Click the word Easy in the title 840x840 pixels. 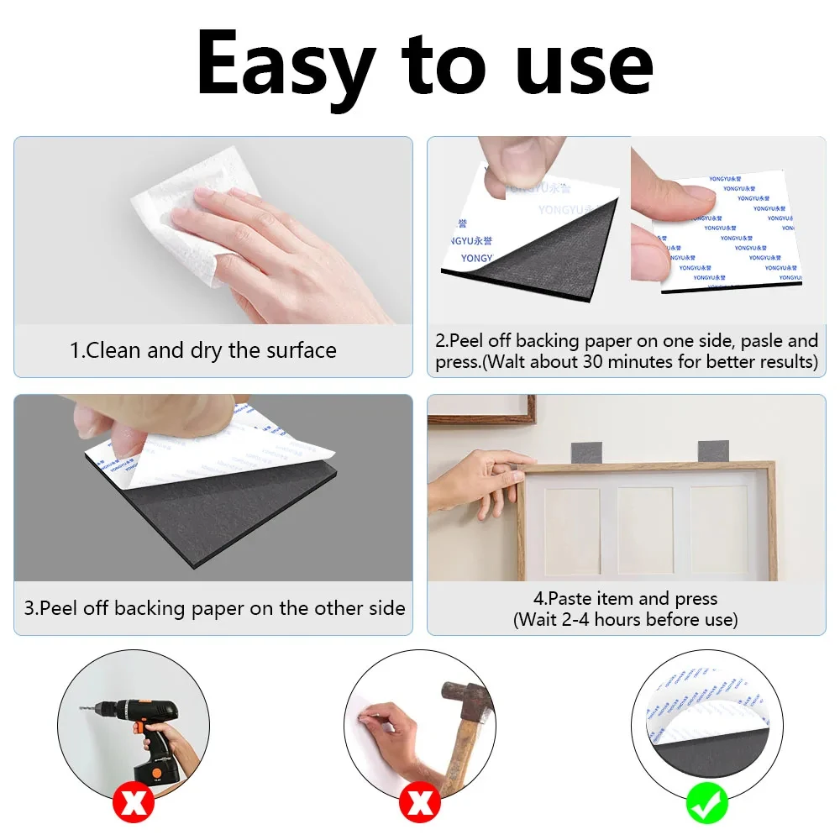(286, 66)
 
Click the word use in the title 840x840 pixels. (585, 66)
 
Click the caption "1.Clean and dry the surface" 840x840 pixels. (202, 350)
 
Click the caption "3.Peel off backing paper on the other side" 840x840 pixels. (214, 608)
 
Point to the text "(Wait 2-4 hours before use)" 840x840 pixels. (626, 620)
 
